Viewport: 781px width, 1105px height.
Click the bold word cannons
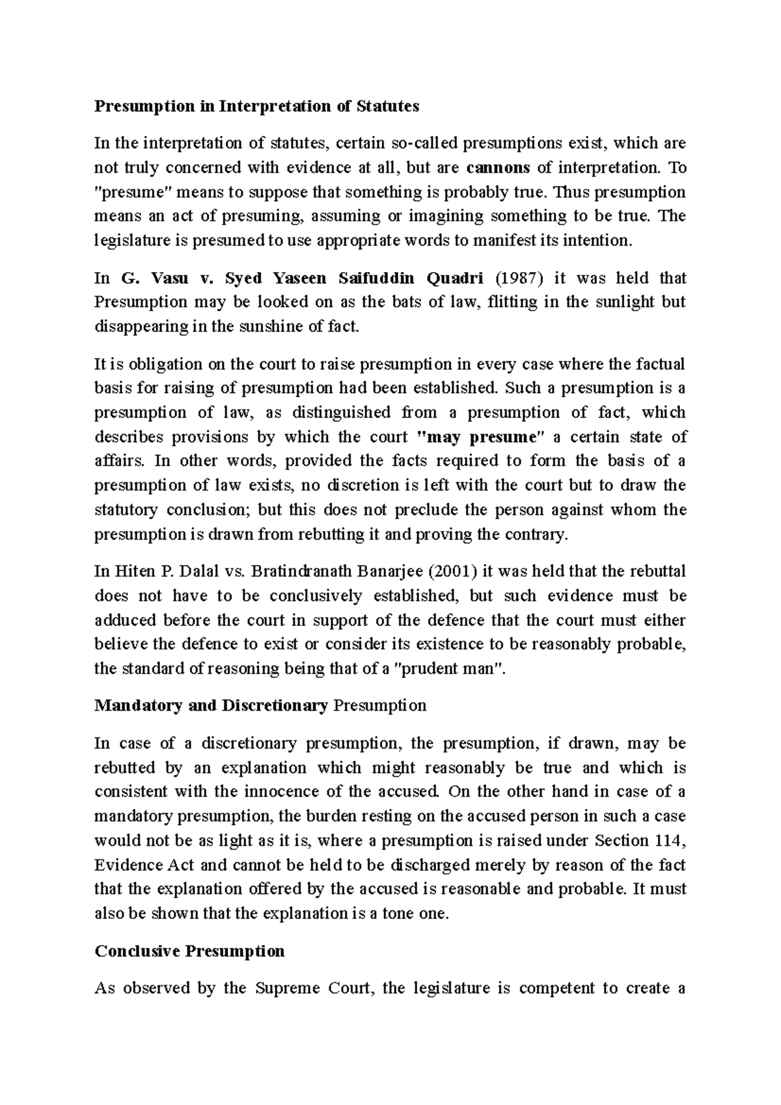pyautogui.click(x=499, y=168)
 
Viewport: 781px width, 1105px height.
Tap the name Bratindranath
pyautogui.click(x=303, y=572)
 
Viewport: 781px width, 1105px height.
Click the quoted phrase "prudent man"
pyautogui.click(x=450, y=669)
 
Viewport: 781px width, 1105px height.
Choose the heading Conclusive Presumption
pyautogui.click(x=189, y=951)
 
